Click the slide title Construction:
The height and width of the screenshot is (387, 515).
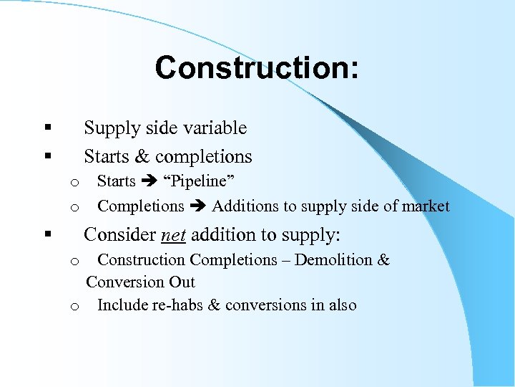click(x=257, y=68)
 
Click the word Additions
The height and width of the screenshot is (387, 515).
click(x=245, y=206)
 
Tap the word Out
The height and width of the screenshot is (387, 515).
click(x=182, y=282)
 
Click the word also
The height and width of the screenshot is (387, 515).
click(x=343, y=305)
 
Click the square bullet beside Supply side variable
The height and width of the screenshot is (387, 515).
click(x=46, y=128)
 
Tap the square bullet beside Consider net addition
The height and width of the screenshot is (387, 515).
click(x=46, y=234)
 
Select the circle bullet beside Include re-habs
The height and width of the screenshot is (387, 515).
click(x=74, y=307)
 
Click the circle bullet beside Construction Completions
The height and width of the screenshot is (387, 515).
click(x=74, y=261)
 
